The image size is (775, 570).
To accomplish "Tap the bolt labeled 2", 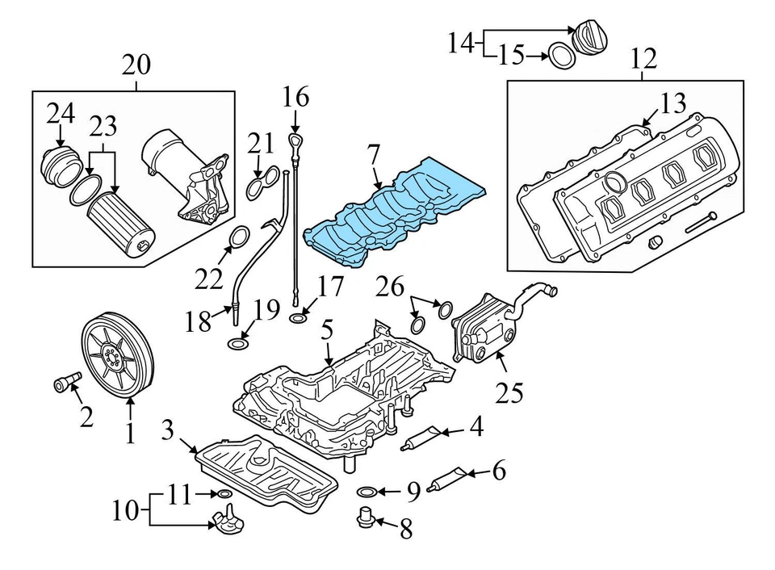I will click(x=65, y=381).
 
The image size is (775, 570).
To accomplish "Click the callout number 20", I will click(x=136, y=63).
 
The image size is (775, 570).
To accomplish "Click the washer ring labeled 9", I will click(x=365, y=491).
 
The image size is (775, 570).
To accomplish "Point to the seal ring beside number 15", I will click(x=561, y=56).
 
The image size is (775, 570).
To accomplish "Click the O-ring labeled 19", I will click(x=237, y=345).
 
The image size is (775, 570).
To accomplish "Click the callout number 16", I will click(x=295, y=98).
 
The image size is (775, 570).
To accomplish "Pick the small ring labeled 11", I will click(x=224, y=493).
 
